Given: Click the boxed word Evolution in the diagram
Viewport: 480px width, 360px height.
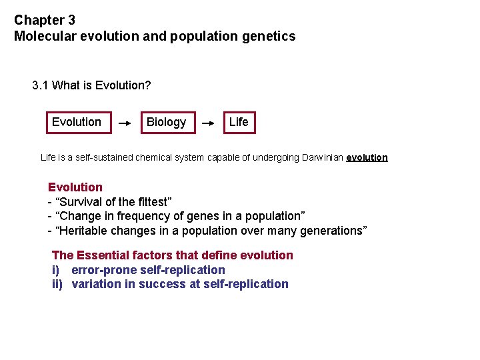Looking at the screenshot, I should [x=77, y=122].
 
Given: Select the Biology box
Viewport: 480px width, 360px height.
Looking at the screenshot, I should [x=167, y=122].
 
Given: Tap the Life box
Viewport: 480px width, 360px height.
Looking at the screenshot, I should [x=238, y=122].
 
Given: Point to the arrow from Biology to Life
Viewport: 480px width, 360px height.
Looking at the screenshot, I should [x=209, y=123].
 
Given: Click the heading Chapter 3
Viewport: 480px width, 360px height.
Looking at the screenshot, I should [x=45, y=21].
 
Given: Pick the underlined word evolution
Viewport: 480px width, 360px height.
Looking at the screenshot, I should [x=367, y=158].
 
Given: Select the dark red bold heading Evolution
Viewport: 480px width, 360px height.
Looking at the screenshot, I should [x=75, y=187].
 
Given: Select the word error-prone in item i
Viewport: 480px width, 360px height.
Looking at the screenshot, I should [x=101, y=270].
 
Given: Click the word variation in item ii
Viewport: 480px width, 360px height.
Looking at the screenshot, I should [x=95, y=284].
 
